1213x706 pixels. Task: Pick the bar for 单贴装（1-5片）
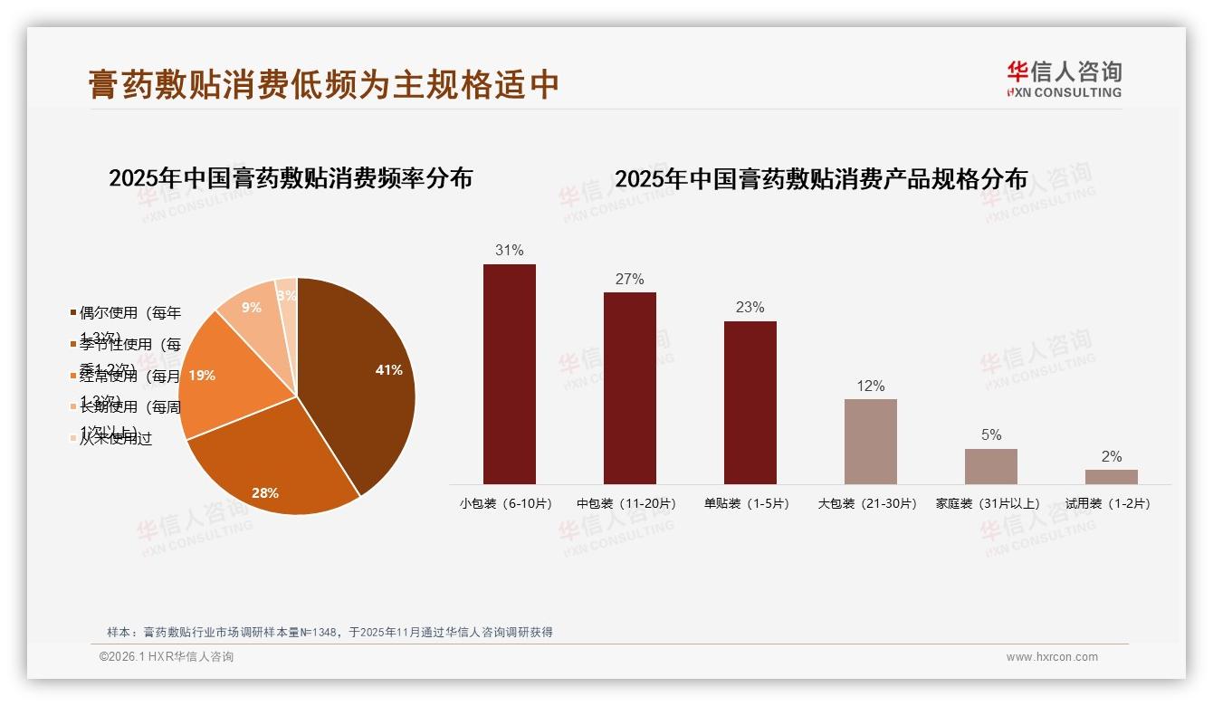click(750, 402)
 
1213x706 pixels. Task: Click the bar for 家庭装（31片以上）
click(990, 466)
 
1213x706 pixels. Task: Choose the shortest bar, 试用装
click(1111, 476)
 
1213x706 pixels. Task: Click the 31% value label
click(509, 250)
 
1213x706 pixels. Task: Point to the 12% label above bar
click(870, 386)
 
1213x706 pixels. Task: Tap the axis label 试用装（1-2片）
click(1111, 503)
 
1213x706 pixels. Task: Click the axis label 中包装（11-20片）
click(626, 503)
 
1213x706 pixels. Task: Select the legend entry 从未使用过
click(115, 438)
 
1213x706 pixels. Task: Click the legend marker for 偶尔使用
click(73, 313)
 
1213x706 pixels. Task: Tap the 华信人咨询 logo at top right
click(1064, 79)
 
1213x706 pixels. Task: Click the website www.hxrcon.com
click(1051, 657)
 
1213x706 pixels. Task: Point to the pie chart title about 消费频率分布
click(291, 177)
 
